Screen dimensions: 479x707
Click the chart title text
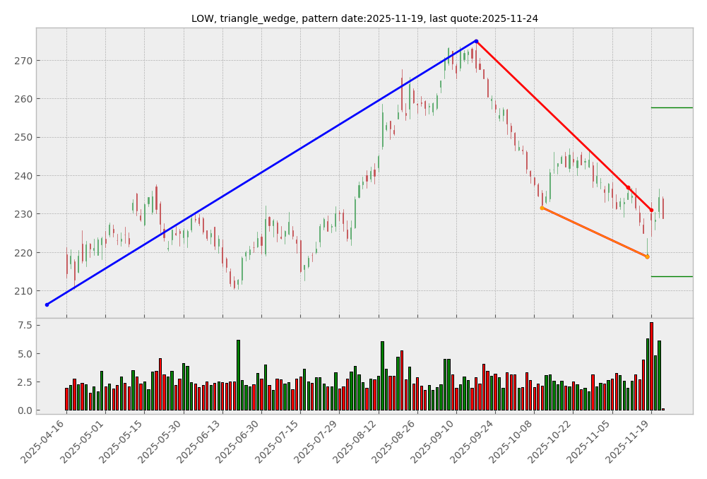click(x=364, y=18)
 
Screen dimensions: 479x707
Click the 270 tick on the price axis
click(x=23, y=61)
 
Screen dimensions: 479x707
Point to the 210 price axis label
click(x=23, y=291)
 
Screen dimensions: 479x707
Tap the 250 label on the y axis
click(x=23, y=138)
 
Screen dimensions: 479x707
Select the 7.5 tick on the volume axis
click(x=24, y=325)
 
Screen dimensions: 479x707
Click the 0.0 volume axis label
click(x=24, y=410)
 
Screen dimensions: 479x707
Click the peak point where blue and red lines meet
click(x=476, y=41)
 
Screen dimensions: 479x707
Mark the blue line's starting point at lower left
click(x=47, y=304)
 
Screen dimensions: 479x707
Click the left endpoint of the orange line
click(x=542, y=208)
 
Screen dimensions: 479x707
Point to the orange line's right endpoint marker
click(x=647, y=256)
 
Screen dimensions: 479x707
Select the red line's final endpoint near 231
click(x=651, y=210)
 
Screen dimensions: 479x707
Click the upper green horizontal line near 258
click(x=671, y=107)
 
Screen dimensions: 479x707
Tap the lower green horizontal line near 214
click(x=671, y=276)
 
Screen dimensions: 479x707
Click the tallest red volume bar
click(x=651, y=366)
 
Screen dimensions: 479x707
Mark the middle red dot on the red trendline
click(x=628, y=187)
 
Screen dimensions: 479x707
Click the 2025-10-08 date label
click(x=515, y=442)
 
